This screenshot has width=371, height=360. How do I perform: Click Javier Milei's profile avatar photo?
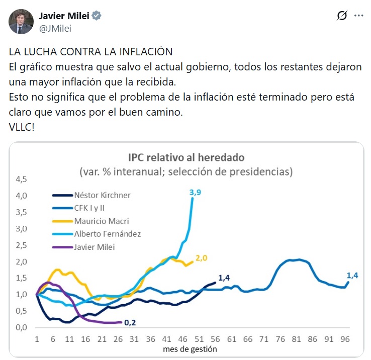pos(21,21)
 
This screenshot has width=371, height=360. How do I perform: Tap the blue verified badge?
pos(97,16)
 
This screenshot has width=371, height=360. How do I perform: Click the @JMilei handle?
pos(55,28)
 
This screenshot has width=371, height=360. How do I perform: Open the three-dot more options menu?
pos(358,16)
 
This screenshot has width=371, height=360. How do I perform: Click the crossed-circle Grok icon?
pos(342,16)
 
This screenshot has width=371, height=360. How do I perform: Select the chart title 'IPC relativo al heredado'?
pos(185,156)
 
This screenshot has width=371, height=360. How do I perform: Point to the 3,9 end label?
pos(195,192)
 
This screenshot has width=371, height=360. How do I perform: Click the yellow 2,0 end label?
pos(201,258)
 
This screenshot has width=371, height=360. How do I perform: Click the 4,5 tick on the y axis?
pos(22,179)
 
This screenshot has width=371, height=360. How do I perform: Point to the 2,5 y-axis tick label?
pos(22,245)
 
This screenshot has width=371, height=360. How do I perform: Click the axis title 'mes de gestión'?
pos(191,348)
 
